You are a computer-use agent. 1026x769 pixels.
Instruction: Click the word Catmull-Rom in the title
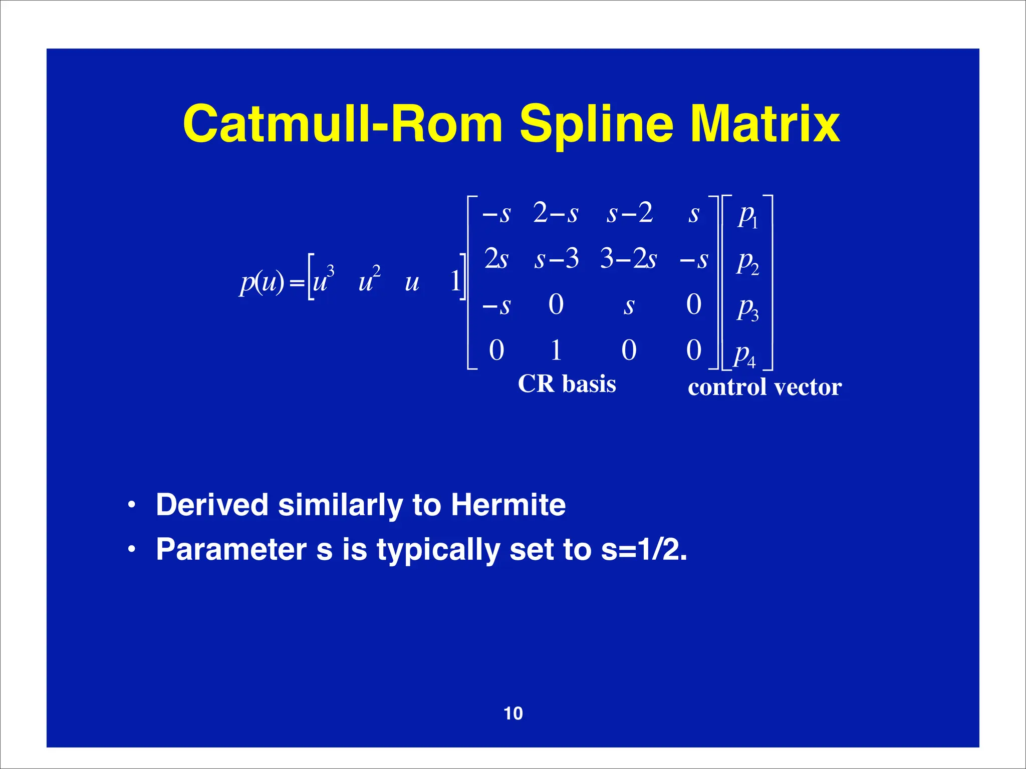click(343, 124)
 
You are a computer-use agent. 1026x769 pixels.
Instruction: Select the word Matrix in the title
click(765, 124)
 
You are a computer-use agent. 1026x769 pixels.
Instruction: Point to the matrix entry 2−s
click(555, 213)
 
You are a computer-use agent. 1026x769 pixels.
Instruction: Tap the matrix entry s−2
click(629, 213)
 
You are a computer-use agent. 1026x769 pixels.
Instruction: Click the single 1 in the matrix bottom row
click(556, 350)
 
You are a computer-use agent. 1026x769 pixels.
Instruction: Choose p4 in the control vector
click(744, 355)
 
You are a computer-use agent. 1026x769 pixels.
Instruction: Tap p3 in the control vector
click(747, 309)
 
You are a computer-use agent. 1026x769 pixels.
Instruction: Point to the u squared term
click(369, 280)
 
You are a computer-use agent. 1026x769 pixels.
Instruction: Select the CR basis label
click(567, 384)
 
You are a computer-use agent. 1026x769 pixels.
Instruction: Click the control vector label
click(764, 387)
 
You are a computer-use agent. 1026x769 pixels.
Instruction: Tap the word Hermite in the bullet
click(508, 504)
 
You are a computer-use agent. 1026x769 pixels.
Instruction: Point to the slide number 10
click(513, 713)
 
